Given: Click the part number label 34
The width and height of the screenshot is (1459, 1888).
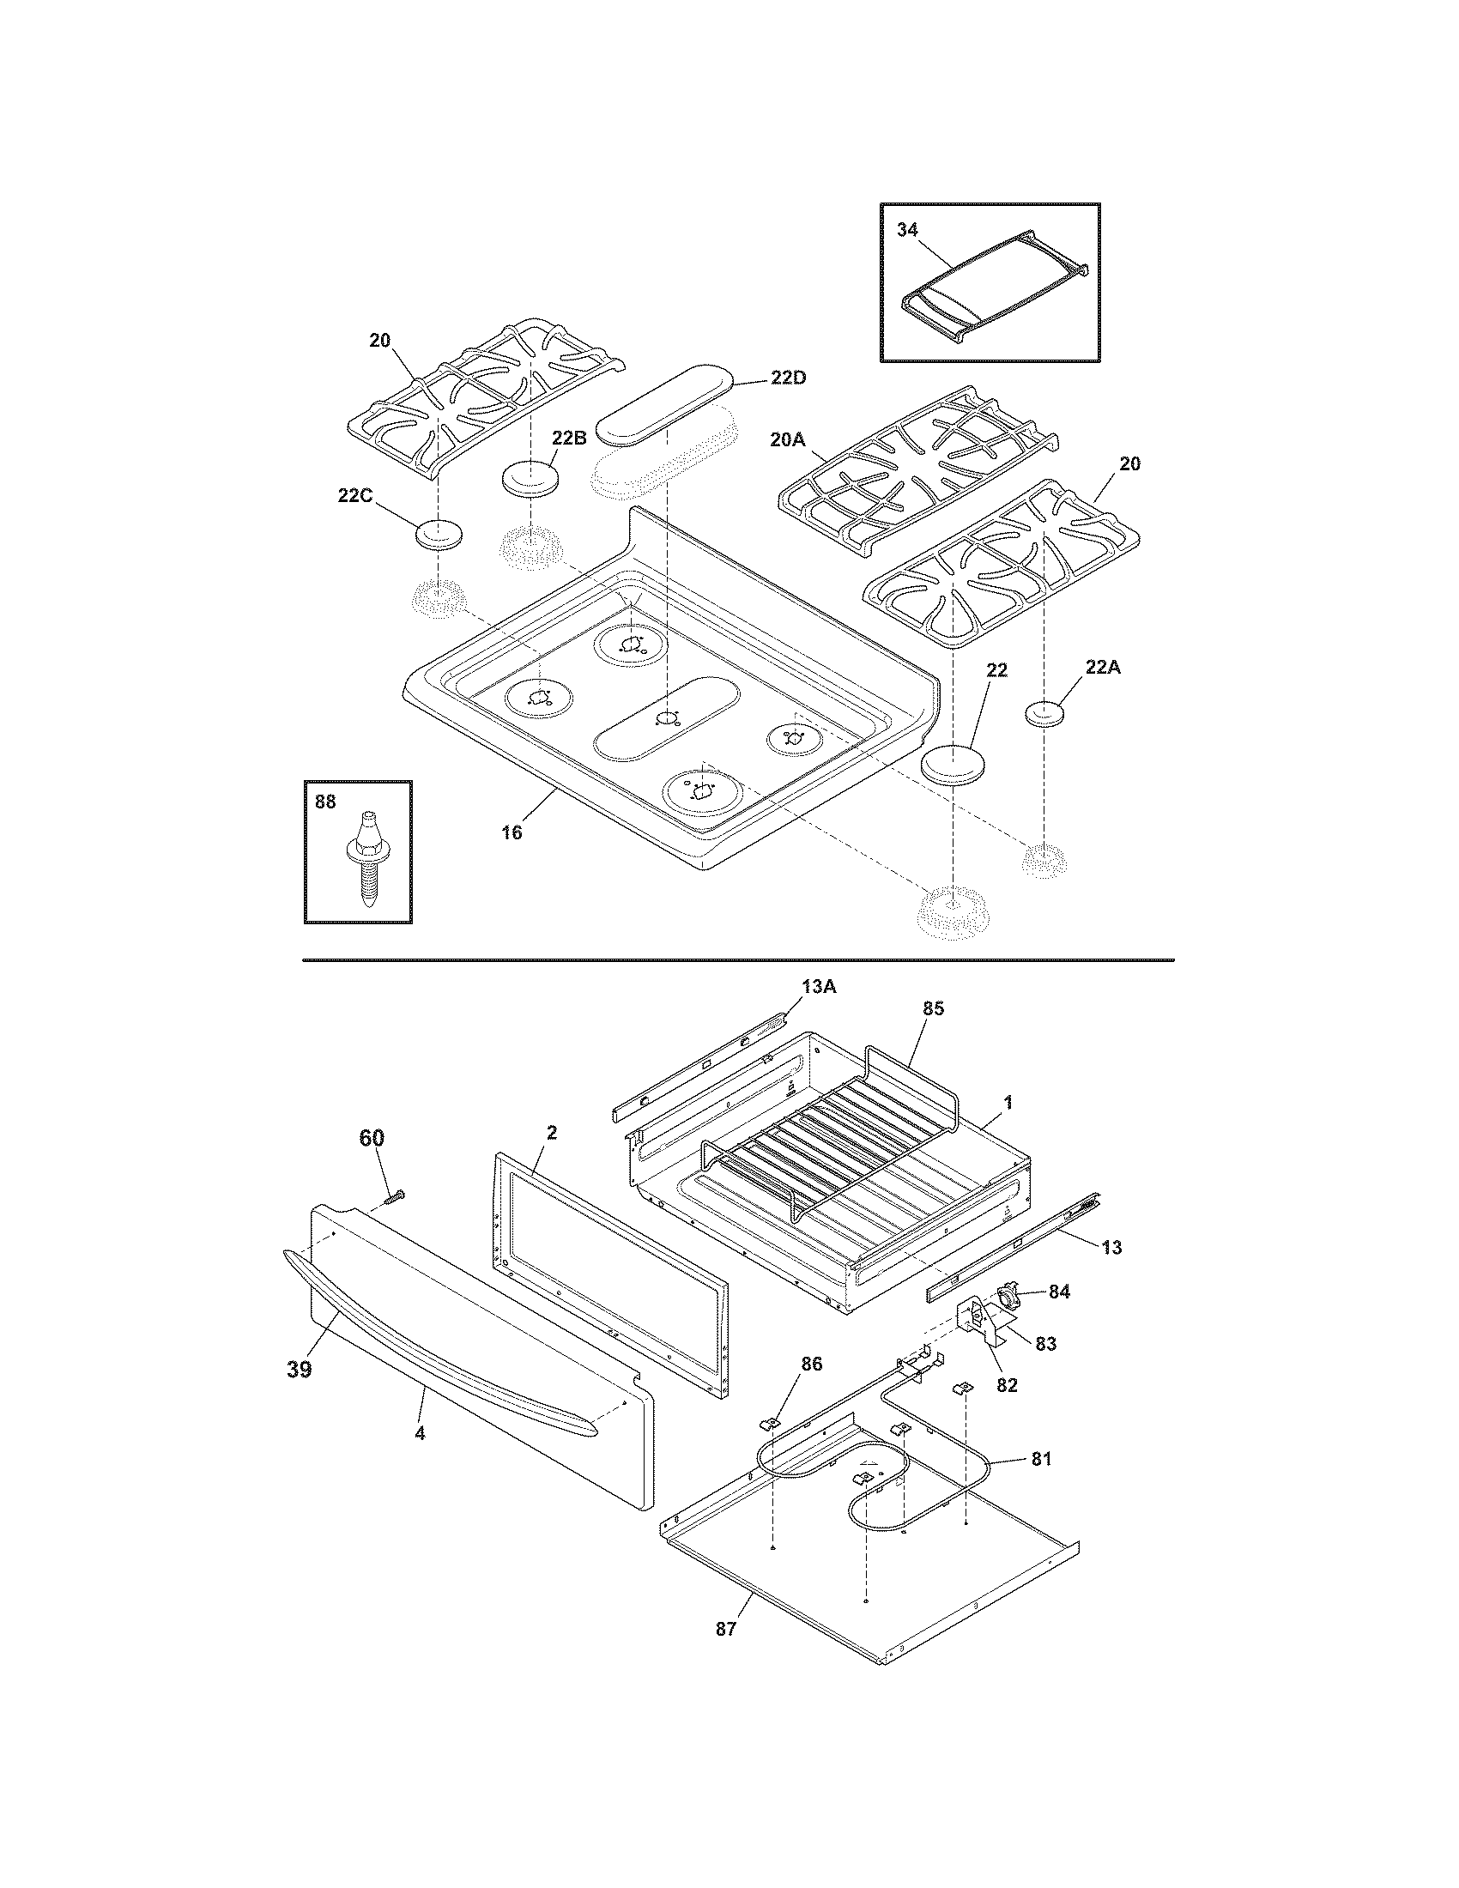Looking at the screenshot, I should pyautogui.click(x=907, y=231).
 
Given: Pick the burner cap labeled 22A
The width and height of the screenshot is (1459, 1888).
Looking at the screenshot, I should pyautogui.click(x=1044, y=714).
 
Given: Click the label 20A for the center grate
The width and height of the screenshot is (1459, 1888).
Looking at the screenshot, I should pyautogui.click(x=787, y=439).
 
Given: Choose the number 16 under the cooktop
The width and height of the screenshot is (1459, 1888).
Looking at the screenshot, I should pyautogui.click(x=512, y=832).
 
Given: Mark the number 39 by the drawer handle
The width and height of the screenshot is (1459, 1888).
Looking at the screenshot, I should pyautogui.click(x=299, y=1370).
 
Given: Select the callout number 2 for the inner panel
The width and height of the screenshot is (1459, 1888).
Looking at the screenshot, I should pyautogui.click(x=552, y=1134).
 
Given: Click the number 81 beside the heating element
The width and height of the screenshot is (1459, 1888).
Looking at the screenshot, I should pyautogui.click(x=1042, y=1458).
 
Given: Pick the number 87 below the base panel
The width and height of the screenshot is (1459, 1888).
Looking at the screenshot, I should pyautogui.click(x=725, y=1630).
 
